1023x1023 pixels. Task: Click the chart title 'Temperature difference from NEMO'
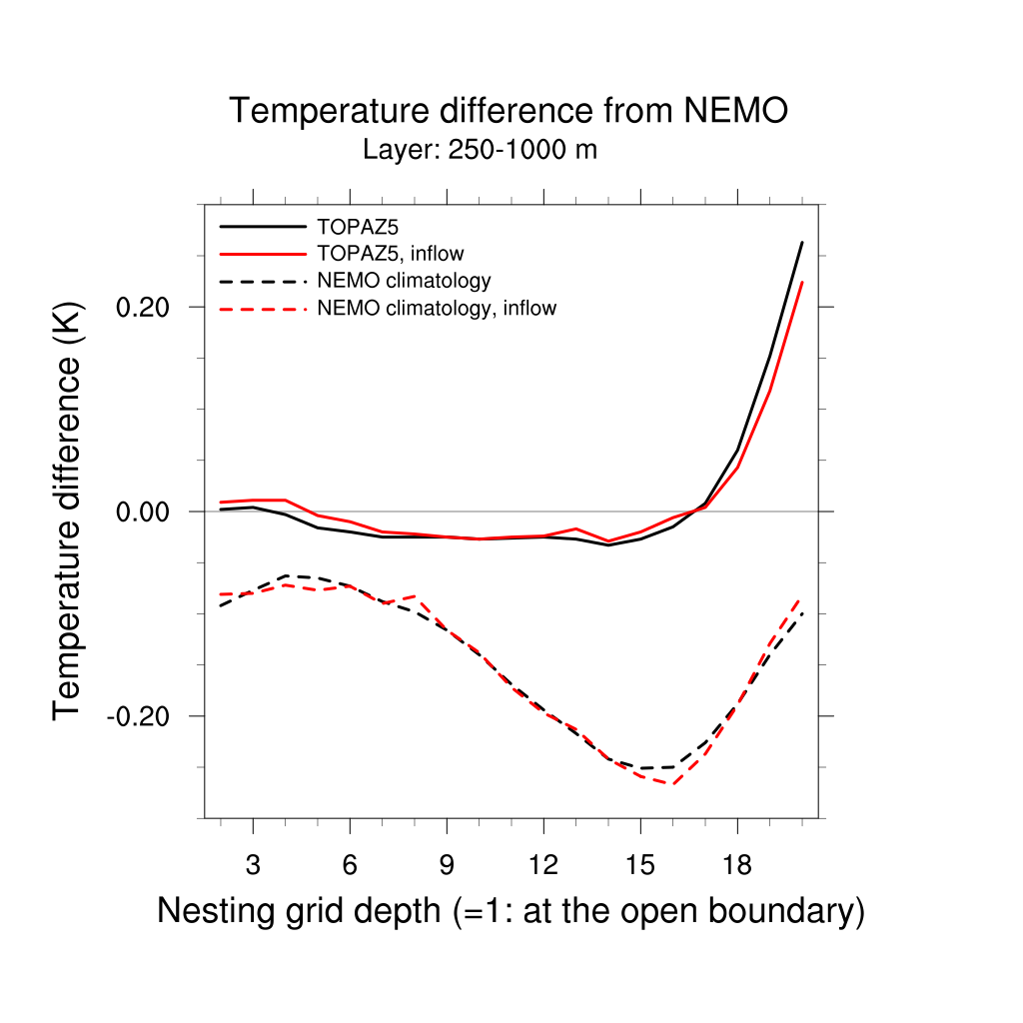509,111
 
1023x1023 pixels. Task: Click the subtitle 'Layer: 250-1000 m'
480,151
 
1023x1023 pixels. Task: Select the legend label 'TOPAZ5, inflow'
391,252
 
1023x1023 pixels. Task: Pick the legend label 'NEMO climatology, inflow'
437,308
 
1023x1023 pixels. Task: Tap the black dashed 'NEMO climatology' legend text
404,280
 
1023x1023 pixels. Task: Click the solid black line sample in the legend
262,226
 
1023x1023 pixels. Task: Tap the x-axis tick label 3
253,865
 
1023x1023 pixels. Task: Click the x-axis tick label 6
350,865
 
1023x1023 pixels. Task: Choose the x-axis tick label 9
447,865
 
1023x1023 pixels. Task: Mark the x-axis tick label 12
543,865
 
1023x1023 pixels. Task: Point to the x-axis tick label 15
640,865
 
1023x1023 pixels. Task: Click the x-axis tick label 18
737,865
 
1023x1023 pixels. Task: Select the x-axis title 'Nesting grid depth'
511,911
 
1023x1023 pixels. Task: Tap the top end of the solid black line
802,242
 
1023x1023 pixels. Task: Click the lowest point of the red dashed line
673,784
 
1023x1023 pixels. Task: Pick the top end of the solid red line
802,282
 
